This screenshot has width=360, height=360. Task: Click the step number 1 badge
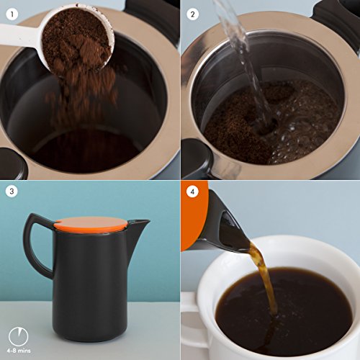[x=12, y=14]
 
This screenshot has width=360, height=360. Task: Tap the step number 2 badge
[x=192, y=14]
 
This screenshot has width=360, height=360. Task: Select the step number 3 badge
[x=12, y=192]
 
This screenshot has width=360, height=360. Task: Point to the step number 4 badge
[x=192, y=192]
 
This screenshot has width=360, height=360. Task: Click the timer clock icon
[x=19, y=336]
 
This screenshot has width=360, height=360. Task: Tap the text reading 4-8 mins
[x=19, y=351]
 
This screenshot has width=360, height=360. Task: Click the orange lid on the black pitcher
[x=91, y=224]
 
